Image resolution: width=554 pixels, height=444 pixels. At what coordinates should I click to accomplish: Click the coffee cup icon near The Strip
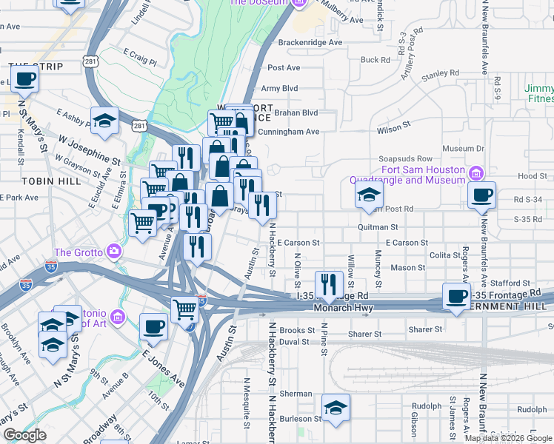click(x=24, y=78)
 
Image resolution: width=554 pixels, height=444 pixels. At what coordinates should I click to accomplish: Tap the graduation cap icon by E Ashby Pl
click(x=104, y=120)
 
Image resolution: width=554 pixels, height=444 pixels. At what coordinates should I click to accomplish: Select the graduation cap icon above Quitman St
click(x=368, y=195)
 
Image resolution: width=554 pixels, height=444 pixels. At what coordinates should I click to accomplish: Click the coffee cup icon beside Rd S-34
click(x=482, y=195)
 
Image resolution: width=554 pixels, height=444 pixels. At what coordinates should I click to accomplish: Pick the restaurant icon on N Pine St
click(x=328, y=284)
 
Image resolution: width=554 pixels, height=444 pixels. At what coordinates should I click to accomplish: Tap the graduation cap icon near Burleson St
click(x=336, y=408)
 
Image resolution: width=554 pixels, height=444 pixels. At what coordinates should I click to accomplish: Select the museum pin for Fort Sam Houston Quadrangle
click(x=478, y=174)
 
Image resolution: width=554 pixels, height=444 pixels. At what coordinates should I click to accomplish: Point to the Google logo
click(x=24, y=435)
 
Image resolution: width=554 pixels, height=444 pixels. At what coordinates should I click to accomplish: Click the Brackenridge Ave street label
click(x=310, y=43)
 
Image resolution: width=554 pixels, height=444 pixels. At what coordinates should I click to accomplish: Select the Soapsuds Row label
click(x=425, y=159)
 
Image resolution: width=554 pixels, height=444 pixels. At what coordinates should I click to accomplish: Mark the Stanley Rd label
click(x=440, y=75)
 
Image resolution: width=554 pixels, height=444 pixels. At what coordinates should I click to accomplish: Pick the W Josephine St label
click(x=90, y=149)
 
